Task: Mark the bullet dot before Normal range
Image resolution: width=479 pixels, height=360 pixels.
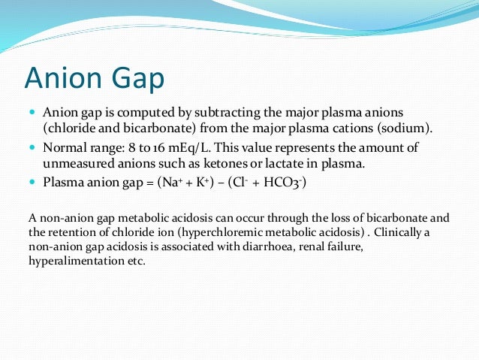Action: coord(32,147)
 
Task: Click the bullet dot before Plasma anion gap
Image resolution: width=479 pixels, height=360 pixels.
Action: coord(32,182)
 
